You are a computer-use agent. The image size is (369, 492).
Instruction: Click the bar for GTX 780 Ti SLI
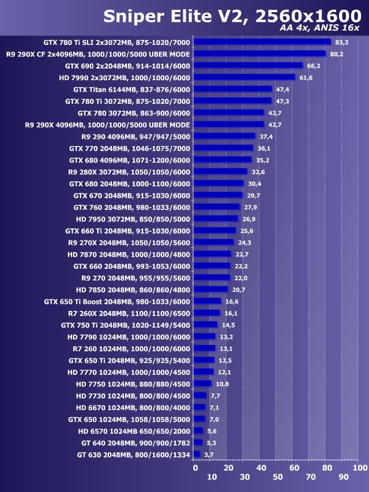[262, 42]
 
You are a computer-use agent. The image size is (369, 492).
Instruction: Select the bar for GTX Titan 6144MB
[232, 89]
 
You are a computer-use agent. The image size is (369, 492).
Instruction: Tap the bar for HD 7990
[244, 77]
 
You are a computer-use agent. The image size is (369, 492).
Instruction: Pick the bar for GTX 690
[248, 66]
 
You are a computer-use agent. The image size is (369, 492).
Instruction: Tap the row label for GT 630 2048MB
[133, 455]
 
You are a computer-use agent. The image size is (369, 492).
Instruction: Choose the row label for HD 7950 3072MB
[133, 219]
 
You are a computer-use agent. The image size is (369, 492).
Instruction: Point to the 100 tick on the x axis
[360, 467]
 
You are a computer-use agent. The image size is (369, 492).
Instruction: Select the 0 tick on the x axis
[195, 467]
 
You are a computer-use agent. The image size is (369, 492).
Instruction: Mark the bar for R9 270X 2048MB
[213, 242]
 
